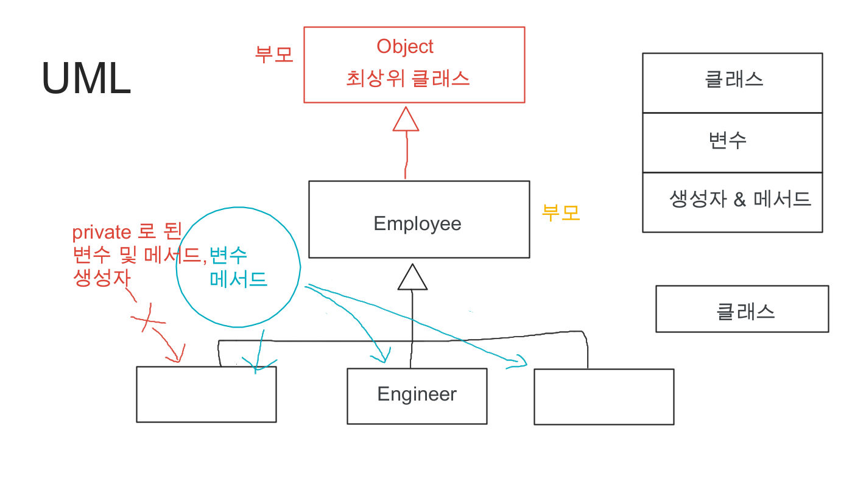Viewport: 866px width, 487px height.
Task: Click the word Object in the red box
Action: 405,46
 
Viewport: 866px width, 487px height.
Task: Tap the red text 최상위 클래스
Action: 408,79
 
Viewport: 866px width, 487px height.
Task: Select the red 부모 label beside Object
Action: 274,54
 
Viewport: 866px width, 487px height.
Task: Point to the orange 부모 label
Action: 561,212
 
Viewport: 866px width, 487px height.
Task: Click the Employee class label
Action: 417,223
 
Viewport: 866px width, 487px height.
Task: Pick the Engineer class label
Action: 417,394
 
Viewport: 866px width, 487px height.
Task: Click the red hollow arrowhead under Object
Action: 406,119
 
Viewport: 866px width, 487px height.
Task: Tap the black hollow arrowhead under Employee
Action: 412,278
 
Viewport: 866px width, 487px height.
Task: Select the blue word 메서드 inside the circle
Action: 239,279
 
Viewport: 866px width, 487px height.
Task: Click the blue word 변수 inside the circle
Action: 228,254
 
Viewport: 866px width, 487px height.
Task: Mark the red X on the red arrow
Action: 147,319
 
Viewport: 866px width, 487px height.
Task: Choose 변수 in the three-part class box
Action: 728,141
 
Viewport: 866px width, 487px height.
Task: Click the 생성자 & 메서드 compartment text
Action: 740,199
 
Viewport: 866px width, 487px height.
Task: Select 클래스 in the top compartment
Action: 734,80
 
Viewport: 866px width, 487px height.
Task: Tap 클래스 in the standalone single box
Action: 745,312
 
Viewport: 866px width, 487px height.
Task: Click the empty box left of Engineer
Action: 206,394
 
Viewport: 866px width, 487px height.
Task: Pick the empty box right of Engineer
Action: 604,396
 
